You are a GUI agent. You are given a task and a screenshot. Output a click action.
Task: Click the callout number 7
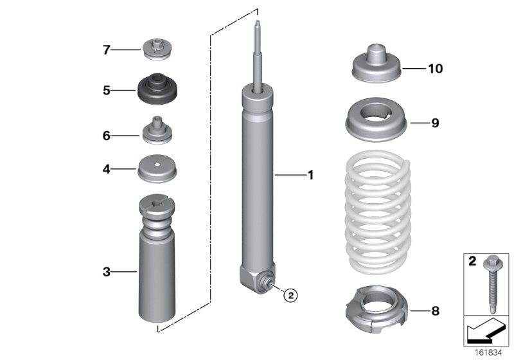tap(107, 50)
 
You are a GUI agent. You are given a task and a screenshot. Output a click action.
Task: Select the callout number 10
tap(435, 68)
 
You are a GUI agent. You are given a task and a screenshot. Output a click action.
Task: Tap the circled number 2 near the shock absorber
tap(290, 295)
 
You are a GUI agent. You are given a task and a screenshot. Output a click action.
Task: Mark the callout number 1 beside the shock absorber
tap(310, 174)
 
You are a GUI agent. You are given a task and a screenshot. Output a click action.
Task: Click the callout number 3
tap(107, 272)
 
